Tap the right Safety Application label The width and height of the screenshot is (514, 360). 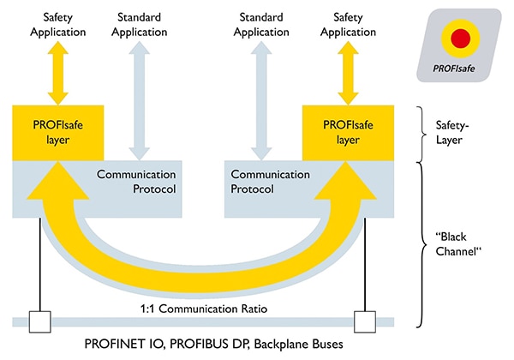[x=346, y=23]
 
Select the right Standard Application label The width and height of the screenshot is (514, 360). [x=262, y=23]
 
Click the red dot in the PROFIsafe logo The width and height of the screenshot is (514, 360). [x=460, y=37]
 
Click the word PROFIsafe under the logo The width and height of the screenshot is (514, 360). [x=460, y=75]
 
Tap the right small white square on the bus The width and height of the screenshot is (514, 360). [x=364, y=322]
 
